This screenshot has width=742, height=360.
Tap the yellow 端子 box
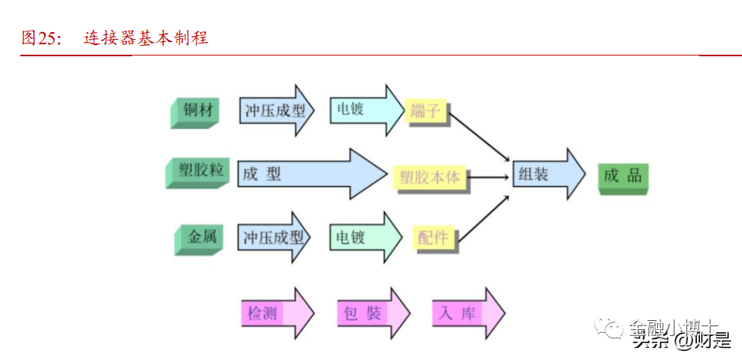pos(425,111)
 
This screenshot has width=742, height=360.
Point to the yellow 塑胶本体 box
pos(430,178)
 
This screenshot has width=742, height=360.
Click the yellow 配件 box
pos(433,238)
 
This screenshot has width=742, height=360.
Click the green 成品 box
pos(623,176)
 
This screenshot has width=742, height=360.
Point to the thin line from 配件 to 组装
pos(483,218)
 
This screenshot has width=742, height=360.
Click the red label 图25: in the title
pos(42,38)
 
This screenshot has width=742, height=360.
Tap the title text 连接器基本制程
pos(146,38)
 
